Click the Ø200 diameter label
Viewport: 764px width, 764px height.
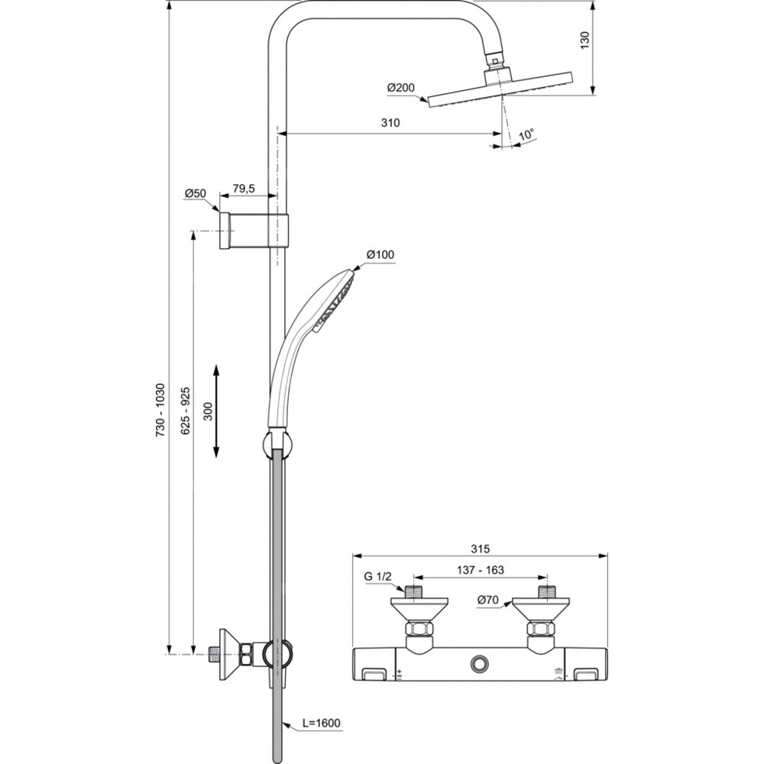pyautogui.click(x=400, y=88)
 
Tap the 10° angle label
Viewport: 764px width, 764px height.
pyautogui.click(x=526, y=135)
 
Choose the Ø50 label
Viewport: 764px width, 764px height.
pyautogui.click(x=196, y=194)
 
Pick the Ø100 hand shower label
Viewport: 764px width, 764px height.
pyautogui.click(x=380, y=254)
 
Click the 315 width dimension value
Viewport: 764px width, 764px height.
pyautogui.click(x=480, y=549)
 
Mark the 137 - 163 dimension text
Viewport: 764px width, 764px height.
pyautogui.click(x=480, y=570)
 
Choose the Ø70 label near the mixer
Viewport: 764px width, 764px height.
pyautogui.click(x=488, y=601)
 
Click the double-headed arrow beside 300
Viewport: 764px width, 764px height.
pyautogui.click(x=216, y=411)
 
